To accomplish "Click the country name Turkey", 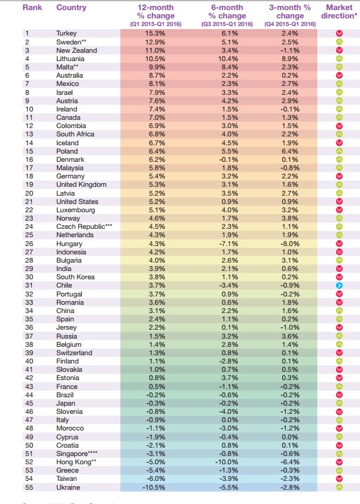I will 66,34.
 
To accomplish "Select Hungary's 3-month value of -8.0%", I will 289,244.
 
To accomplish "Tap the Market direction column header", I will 339,12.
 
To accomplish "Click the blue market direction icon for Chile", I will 339,285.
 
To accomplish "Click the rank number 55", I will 27,487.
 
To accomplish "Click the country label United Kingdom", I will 81,185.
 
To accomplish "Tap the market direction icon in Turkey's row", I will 339,34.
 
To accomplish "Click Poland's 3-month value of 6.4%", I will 290,151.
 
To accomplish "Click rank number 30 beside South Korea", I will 27,277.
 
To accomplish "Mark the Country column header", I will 71,8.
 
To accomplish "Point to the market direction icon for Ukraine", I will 339,487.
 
